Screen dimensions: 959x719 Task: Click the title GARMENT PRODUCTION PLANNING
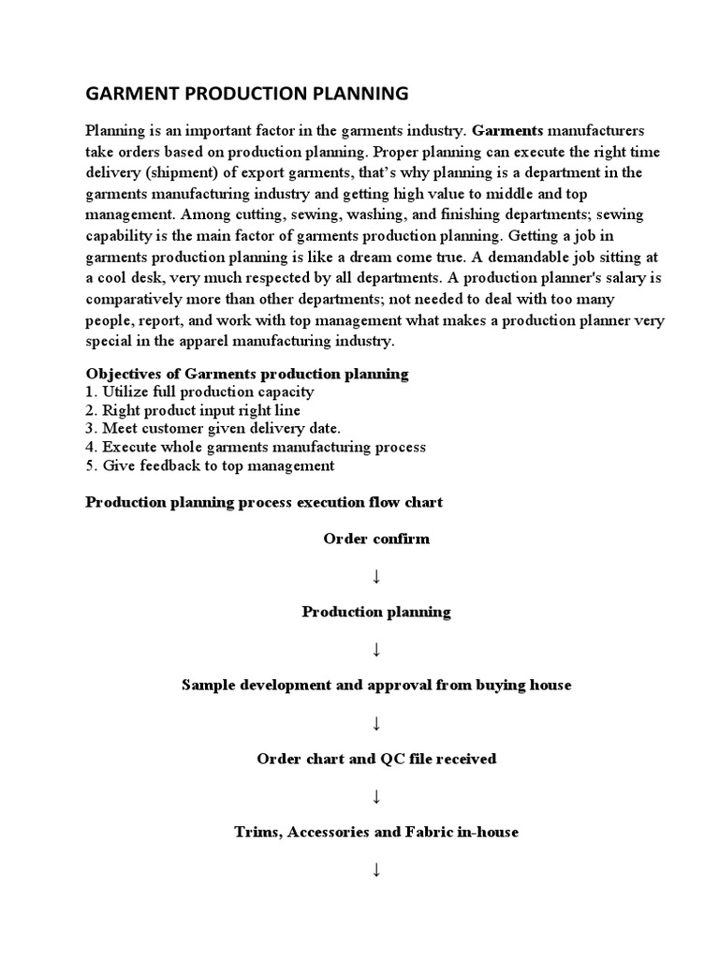pos(247,94)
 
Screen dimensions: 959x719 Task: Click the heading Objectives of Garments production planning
pos(247,374)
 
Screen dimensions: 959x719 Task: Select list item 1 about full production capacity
pos(199,392)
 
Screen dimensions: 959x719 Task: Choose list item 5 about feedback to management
pos(210,465)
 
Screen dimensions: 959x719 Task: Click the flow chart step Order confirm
pos(376,539)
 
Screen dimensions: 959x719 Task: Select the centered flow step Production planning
pos(376,612)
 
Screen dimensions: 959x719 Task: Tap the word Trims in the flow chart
pos(258,831)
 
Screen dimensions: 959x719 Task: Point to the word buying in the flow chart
pos(493,685)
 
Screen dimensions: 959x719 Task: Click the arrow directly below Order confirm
pos(376,576)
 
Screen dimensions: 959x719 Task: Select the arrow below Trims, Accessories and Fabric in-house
pos(376,870)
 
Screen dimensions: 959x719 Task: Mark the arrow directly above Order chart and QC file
pos(376,723)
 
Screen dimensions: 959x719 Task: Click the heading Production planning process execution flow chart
pos(264,502)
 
